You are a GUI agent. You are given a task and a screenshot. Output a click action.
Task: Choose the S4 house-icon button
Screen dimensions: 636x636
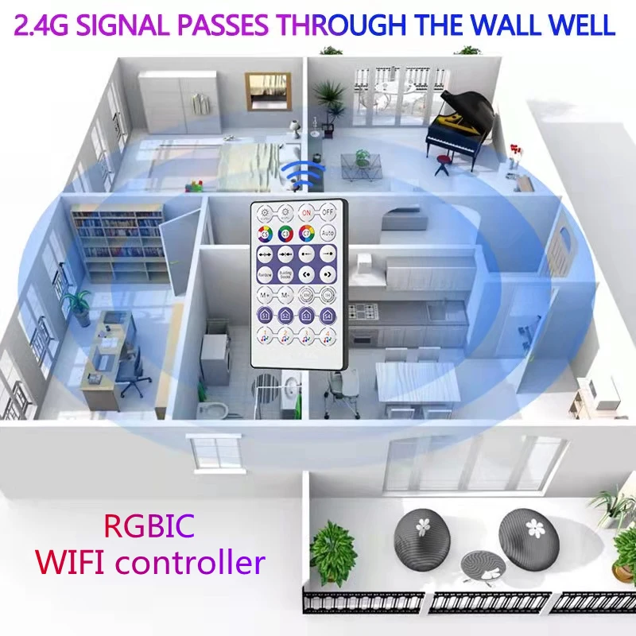[328, 316]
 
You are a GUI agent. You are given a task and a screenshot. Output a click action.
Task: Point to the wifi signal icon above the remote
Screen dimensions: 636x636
[300, 173]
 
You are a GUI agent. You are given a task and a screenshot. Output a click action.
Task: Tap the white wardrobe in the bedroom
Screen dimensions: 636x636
[180, 103]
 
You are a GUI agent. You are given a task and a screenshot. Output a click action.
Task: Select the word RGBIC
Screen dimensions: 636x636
[149, 526]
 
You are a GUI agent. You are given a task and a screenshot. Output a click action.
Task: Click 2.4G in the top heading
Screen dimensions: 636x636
[47, 25]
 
